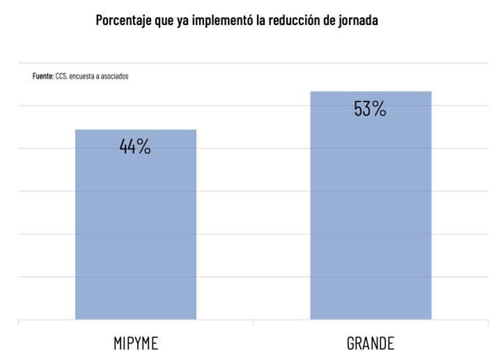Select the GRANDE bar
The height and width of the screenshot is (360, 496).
coord(371,209)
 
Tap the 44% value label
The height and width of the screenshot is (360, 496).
coord(135,147)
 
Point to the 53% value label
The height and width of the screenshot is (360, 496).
coord(371,109)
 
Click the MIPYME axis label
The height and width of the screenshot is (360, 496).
coord(135,344)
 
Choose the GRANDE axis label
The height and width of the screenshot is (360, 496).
coord(371,344)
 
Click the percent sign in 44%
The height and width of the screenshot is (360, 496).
coord(144,147)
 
